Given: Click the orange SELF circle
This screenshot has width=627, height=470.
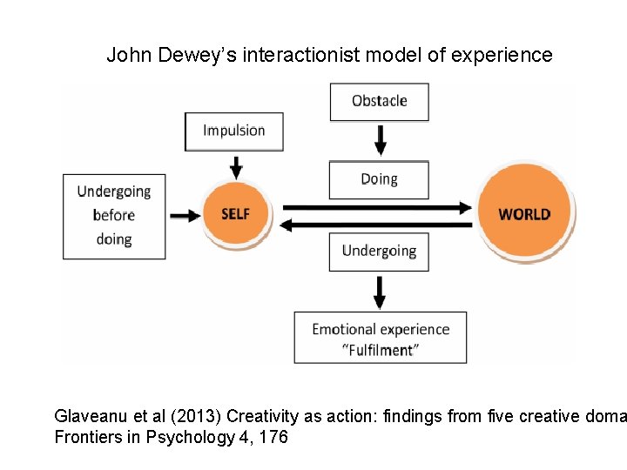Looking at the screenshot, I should [x=236, y=214].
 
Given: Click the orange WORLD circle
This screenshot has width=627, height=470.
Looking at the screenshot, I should [x=524, y=214].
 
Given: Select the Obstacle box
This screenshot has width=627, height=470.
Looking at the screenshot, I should [x=379, y=101].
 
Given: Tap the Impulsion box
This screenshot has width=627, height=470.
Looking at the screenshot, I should [x=234, y=131].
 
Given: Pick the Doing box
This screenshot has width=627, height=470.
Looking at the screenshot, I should [x=379, y=179].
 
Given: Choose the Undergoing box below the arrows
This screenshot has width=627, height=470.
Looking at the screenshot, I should [x=379, y=252].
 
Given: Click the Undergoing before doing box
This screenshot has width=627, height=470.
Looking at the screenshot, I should [x=114, y=216].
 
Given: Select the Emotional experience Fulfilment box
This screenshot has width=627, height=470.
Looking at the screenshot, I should [x=381, y=338].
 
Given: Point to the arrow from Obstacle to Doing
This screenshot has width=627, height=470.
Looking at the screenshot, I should [x=380, y=139].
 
